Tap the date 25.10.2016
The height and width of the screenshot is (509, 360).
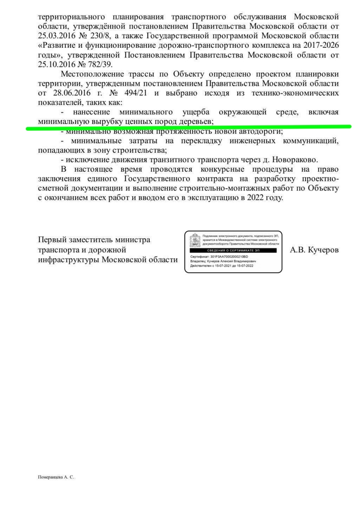coord(57,64)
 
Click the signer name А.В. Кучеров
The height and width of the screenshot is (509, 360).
coord(314,250)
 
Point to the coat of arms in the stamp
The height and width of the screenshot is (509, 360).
coord(195,241)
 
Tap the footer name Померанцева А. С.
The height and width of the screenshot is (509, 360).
coord(56,478)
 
